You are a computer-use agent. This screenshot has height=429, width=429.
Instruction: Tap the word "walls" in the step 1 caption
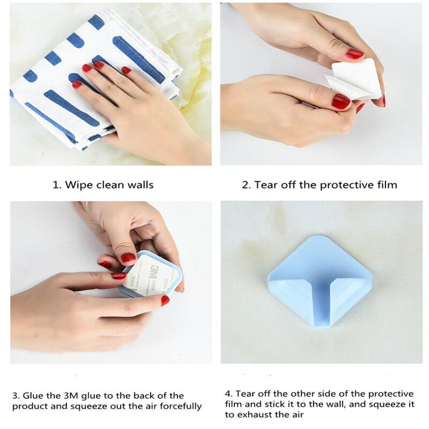tap(140, 184)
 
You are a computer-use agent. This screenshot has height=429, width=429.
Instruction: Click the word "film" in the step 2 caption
tap(387, 184)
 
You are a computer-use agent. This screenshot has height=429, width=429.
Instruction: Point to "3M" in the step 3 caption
tap(71, 396)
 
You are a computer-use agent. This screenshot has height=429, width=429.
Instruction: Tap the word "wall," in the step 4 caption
tap(335, 404)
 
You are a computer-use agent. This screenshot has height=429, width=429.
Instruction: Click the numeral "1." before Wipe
tap(57, 185)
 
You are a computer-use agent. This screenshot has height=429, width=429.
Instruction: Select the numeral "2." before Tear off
tap(246, 185)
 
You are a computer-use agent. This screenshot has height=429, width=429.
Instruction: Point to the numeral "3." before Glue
tap(16, 396)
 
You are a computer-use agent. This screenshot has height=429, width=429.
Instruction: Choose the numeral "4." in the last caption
tap(229, 394)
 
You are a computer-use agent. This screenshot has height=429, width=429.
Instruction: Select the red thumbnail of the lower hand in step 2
tap(341, 101)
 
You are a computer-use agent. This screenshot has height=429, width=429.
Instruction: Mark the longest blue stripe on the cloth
tap(139, 59)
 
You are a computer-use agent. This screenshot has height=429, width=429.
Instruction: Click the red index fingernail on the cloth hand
tap(99, 65)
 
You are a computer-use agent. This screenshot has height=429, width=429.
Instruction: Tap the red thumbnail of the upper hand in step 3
tap(128, 258)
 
